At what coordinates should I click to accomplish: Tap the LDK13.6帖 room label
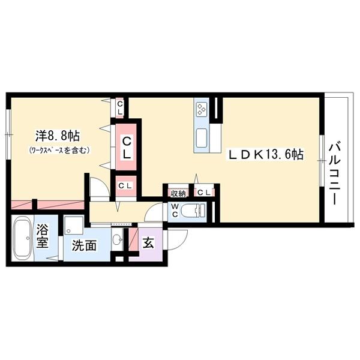point(265,155)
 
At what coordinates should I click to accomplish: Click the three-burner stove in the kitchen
point(201,109)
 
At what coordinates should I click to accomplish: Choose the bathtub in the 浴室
point(23,240)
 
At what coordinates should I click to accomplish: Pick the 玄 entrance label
point(148,244)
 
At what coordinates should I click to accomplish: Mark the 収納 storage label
point(178,193)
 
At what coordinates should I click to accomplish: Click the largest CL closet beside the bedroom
point(127,146)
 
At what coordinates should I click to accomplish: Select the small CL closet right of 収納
point(203,193)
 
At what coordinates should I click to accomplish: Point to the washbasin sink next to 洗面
point(118,240)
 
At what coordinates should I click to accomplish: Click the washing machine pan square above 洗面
point(76,226)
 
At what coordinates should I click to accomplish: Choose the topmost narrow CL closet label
point(120,108)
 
